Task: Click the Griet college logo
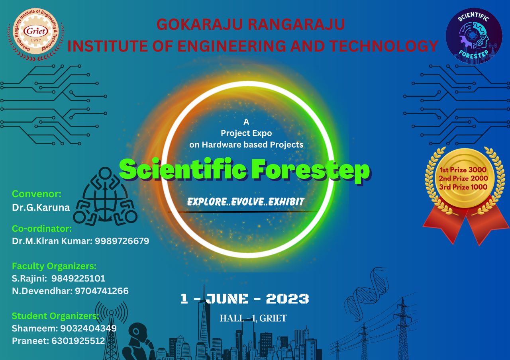click(x=36, y=35)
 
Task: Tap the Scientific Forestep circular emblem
click(x=474, y=36)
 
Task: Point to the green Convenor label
click(x=37, y=194)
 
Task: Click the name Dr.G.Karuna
click(x=41, y=207)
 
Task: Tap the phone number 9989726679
click(x=122, y=241)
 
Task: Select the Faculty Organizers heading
click(x=54, y=266)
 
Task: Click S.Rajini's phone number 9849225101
click(x=78, y=278)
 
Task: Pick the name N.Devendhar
click(x=42, y=291)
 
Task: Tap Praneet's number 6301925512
click(x=78, y=340)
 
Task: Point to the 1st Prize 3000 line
click(x=463, y=170)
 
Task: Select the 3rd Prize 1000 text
click(x=463, y=187)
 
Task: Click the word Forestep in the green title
click(x=311, y=171)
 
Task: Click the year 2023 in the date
click(x=287, y=299)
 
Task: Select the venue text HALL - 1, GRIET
click(x=253, y=318)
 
